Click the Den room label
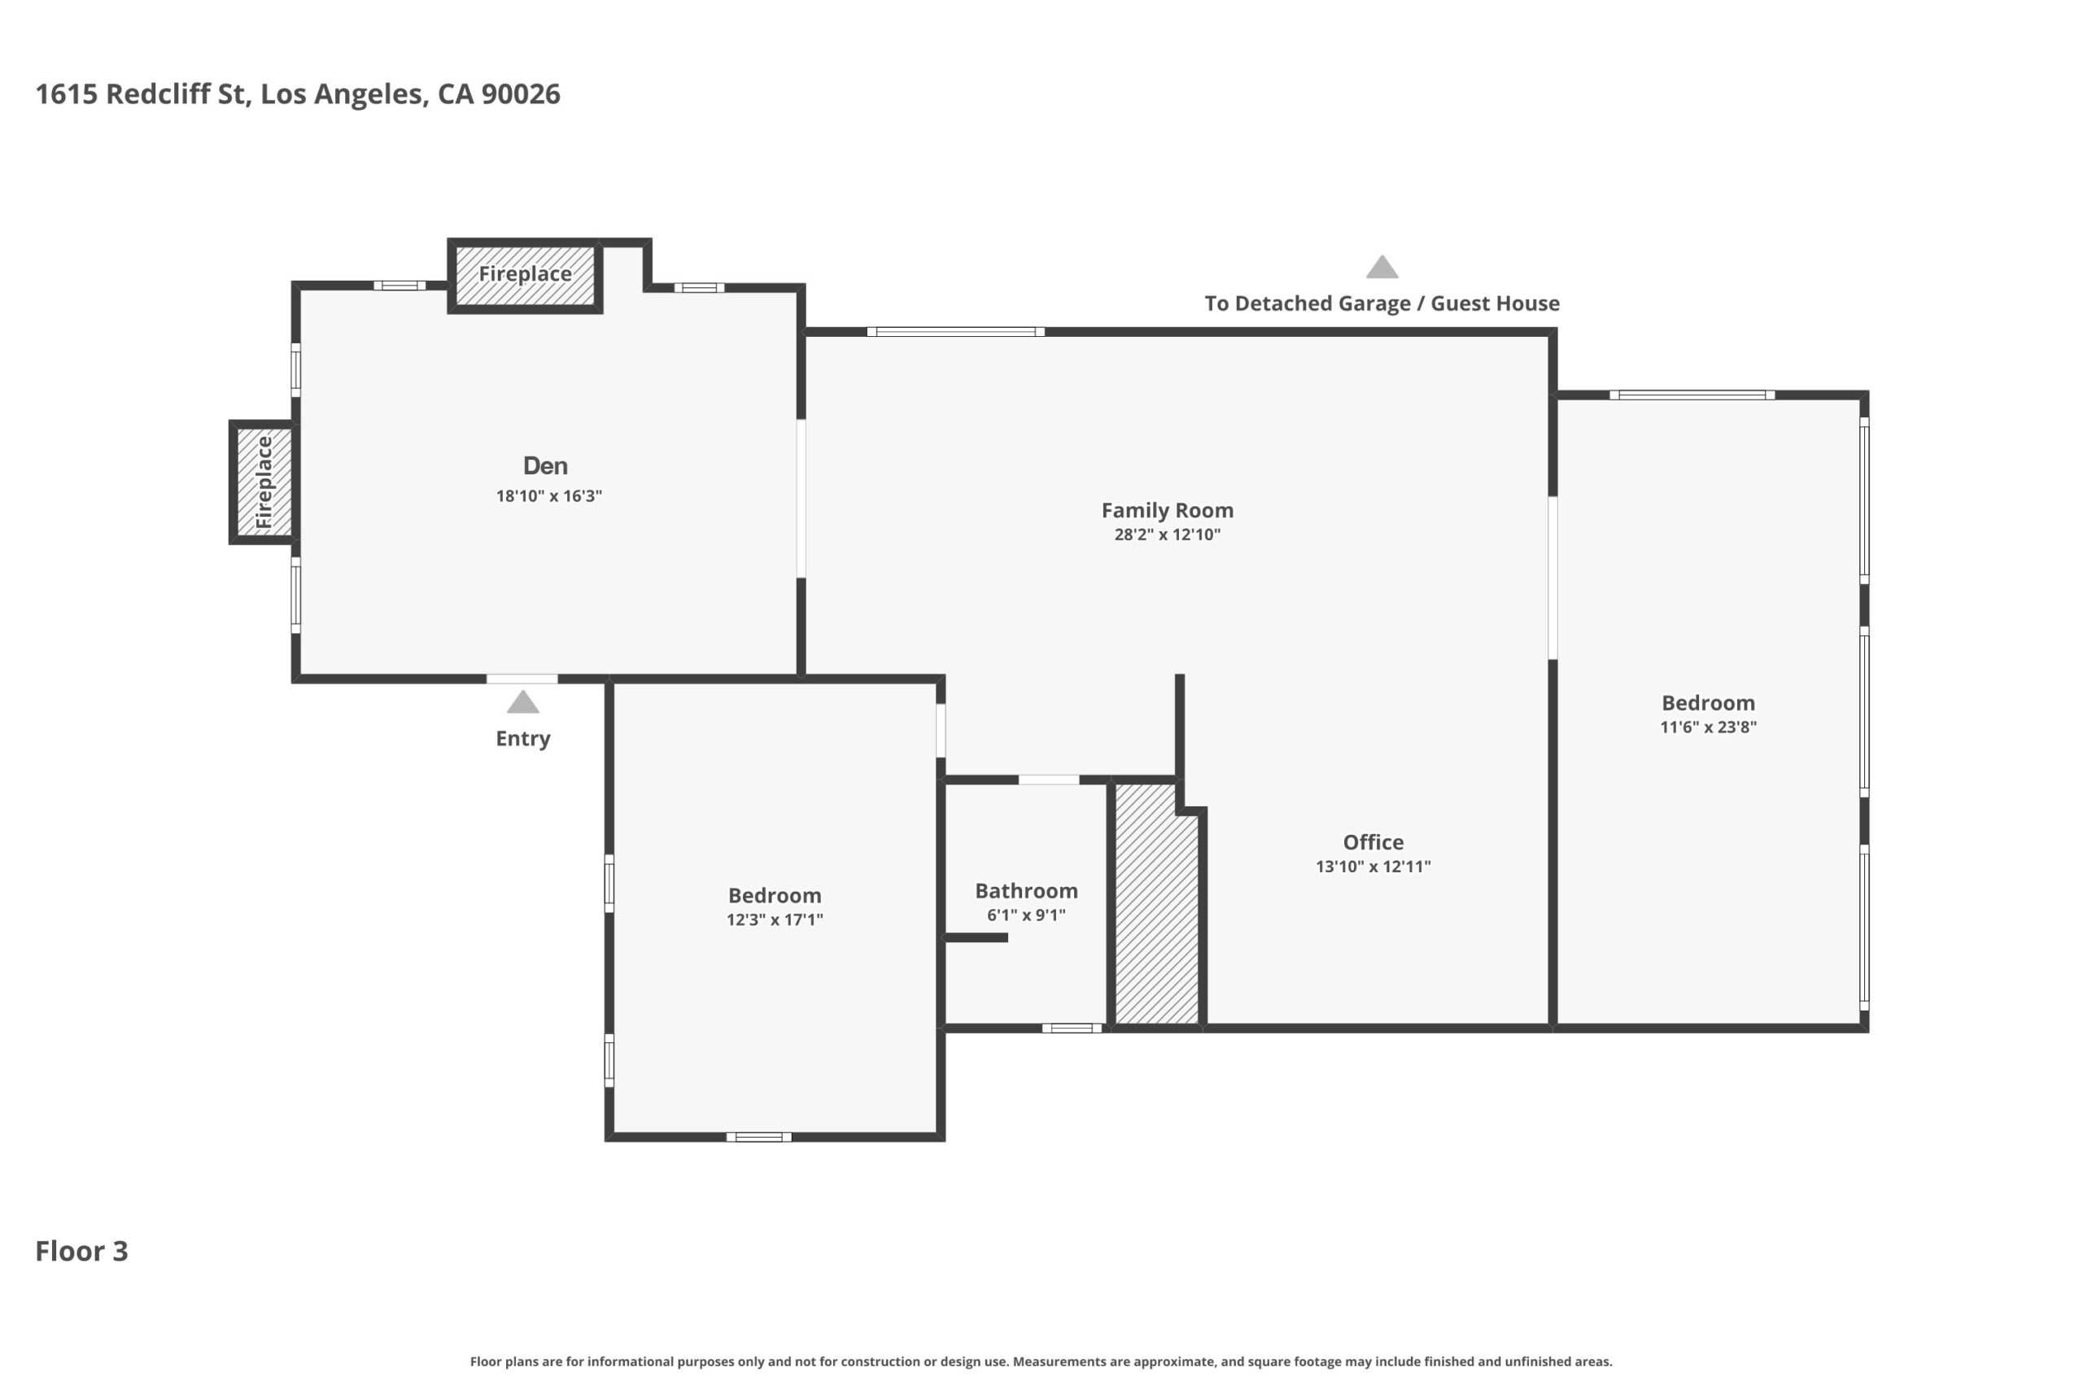click(544, 466)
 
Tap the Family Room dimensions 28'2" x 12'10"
click(1168, 534)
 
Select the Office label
click(1373, 842)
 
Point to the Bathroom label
click(1026, 891)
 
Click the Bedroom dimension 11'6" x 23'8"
click(1709, 727)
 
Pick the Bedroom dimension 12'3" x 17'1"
click(775, 919)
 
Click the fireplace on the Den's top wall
click(525, 276)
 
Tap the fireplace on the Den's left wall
click(263, 482)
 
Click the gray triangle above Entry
click(522, 702)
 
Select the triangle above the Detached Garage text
click(1382, 267)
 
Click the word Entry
click(522, 739)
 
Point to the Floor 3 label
click(81, 1251)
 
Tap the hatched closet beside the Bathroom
click(1156, 903)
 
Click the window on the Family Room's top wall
click(955, 332)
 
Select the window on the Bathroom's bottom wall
click(1072, 1029)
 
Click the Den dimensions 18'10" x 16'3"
click(549, 496)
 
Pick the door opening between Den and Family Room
click(801, 499)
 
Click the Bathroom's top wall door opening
click(1049, 780)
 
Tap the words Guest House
click(1495, 303)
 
